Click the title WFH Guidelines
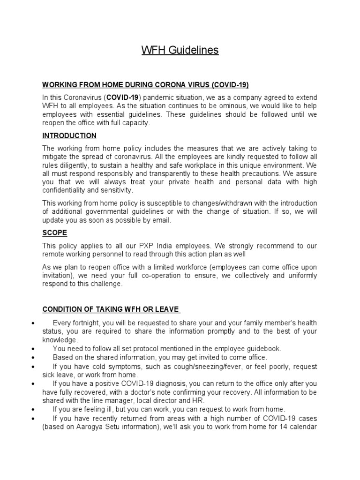[x=180, y=50]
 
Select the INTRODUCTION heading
[x=69, y=136]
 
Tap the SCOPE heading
[x=55, y=233]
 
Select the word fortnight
[x=91, y=323]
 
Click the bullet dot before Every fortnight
[x=32, y=323]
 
